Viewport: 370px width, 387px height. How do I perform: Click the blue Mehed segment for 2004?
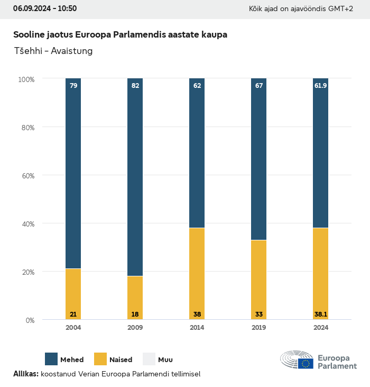73,175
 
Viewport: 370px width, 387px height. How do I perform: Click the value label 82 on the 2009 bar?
135,85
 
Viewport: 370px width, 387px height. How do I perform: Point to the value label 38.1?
321,314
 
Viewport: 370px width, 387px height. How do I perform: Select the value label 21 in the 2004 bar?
73,314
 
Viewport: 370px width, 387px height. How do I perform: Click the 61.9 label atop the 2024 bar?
321,85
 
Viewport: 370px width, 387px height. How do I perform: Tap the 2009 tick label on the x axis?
135,328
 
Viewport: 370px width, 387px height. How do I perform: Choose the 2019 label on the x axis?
259,328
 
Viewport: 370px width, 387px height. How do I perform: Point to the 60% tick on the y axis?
27,175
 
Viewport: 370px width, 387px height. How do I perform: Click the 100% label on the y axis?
26,79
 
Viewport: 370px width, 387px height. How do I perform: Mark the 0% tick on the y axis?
30,320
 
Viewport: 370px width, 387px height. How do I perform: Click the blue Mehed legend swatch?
51,359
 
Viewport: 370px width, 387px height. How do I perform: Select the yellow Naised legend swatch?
100,359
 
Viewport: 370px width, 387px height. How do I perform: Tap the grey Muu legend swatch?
149,359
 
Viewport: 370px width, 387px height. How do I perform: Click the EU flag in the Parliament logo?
306,363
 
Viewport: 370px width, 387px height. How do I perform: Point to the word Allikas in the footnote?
25,374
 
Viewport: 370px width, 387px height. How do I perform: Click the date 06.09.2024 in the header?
31,8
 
